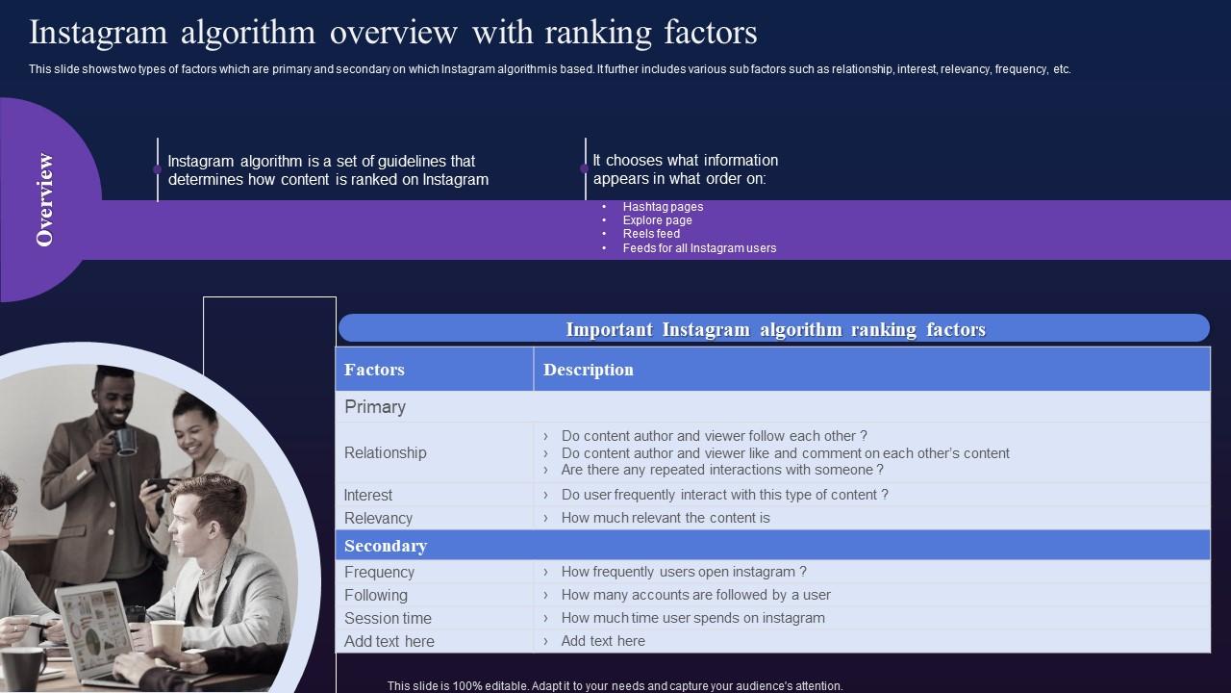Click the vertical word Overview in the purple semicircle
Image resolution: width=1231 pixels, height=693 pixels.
pyautogui.click(x=44, y=199)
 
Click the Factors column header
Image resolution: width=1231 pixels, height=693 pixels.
pyautogui.click(x=374, y=370)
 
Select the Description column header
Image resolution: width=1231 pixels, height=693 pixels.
pyautogui.click(x=588, y=370)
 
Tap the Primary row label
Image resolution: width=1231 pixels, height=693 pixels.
pyautogui.click(x=375, y=407)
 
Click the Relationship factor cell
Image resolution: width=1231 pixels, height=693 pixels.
pyautogui.click(x=385, y=452)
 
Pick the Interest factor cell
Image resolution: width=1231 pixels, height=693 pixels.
pyautogui.click(x=368, y=495)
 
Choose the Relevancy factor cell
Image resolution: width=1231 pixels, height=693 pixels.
pyautogui.click(x=378, y=518)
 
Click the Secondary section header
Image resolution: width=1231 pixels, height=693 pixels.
pyautogui.click(x=386, y=546)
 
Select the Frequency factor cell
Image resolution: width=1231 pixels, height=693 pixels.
pyautogui.click(x=379, y=572)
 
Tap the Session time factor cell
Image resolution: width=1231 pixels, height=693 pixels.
pyautogui.click(x=388, y=618)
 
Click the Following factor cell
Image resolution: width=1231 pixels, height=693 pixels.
pyautogui.click(x=376, y=595)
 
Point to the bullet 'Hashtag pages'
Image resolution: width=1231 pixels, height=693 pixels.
pyautogui.click(x=663, y=207)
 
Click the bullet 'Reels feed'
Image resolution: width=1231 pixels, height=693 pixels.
pyautogui.click(x=651, y=234)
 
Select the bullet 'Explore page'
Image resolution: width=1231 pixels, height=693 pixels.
pyautogui.click(x=657, y=220)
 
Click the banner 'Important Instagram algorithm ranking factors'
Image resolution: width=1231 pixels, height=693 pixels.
pyautogui.click(x=774, y=329)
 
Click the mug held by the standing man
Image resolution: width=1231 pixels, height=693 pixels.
pyautogui.click(x=124, y=441)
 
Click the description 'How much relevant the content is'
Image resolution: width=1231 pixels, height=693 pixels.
pyautogui.click(x=666, y=518)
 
